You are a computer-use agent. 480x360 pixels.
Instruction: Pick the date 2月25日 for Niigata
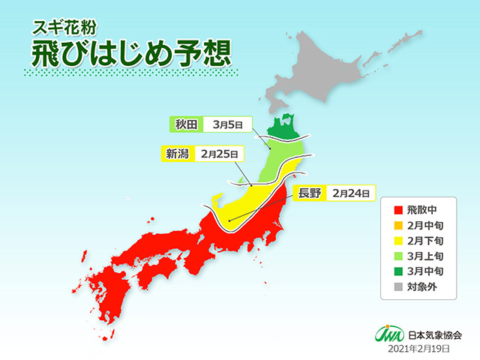pos(218,154)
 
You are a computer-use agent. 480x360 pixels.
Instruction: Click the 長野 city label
pos(308,193)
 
